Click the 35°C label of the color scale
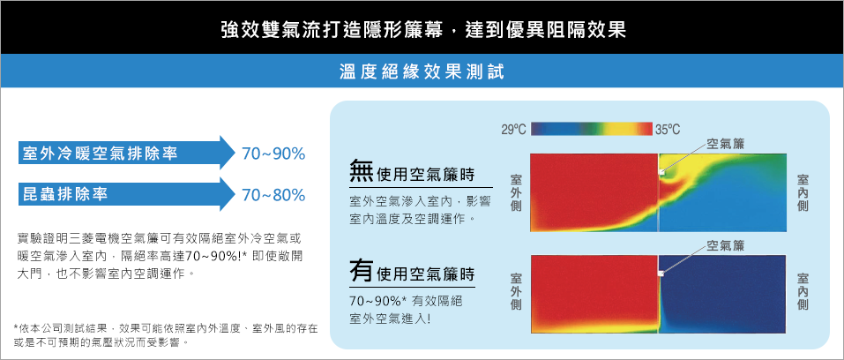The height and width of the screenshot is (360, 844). [x=668, y=130]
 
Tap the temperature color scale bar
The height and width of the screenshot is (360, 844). [x=591, y=130]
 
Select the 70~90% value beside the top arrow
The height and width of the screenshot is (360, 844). [x=273, y=154]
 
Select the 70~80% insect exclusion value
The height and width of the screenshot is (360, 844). [x=273, y=194]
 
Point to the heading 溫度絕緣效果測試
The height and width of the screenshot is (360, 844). [x=422, y=71]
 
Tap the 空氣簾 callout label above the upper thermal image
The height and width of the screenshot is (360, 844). [x=725, y=143]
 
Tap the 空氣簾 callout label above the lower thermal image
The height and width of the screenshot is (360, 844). [x=725, y=246]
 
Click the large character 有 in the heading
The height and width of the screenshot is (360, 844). [x=362, y=271]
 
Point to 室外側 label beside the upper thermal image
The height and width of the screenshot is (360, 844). [x=515, y=192]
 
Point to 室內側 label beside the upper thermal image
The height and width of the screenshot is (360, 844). [x=802, y=192]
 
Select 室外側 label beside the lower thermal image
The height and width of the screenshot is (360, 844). [x=515, y=291]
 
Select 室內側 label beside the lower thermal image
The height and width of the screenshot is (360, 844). [x=802, y=291]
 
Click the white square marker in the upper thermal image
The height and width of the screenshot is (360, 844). [x=662, y=172]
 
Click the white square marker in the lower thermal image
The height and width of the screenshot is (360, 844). [x=661, y=274]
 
